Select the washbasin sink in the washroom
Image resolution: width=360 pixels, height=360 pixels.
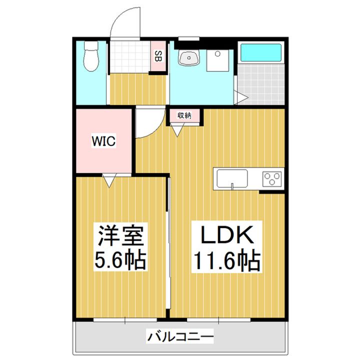pyautogui.click(x=189, y=58)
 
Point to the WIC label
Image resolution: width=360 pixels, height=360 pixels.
pyautogui.click(x=103, y=141)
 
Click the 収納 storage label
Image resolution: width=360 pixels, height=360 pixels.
pyautogui.click(x=184, y=115)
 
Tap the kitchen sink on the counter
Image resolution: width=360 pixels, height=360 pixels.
pyautogui.click(x=231, y=178)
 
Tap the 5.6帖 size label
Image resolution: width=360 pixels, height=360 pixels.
pyautogui.click(x=120, y=260)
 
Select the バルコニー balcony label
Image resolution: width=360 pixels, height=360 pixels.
pyautogui.click(x=181, y=336)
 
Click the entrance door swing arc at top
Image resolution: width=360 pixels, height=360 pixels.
pyautogui.click(x=125, y=20)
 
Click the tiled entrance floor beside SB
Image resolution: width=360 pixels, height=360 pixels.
pyautogui.click(x=129, y=57)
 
